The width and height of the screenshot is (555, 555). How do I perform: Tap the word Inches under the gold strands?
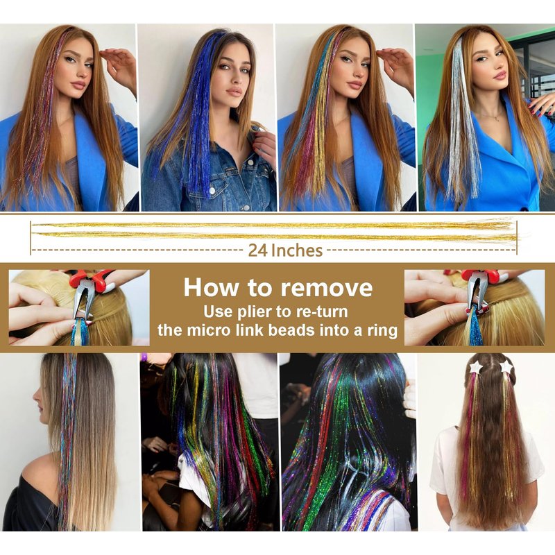[x=297, y=250]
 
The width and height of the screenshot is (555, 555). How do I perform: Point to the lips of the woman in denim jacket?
[x=234, y=92]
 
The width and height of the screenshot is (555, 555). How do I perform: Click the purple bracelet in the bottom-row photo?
[x=144, y=357]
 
